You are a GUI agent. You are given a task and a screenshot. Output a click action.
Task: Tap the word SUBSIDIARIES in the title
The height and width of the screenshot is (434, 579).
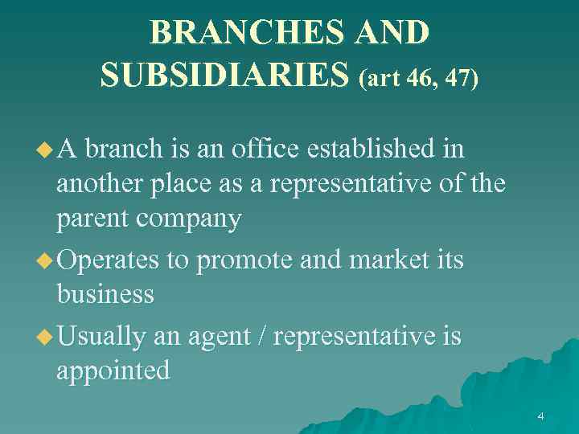click(226, 75)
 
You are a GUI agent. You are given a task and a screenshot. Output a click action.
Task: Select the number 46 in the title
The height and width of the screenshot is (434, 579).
click(424, 79)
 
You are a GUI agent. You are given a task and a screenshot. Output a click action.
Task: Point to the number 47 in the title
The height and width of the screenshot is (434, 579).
click(459, 79)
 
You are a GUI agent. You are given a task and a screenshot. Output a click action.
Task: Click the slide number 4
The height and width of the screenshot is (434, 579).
click(540, 416)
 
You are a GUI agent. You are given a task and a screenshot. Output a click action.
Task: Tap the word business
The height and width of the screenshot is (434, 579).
click(105, 295)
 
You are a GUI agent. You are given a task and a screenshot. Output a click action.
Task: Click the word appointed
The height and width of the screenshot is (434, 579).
click(113, 371)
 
